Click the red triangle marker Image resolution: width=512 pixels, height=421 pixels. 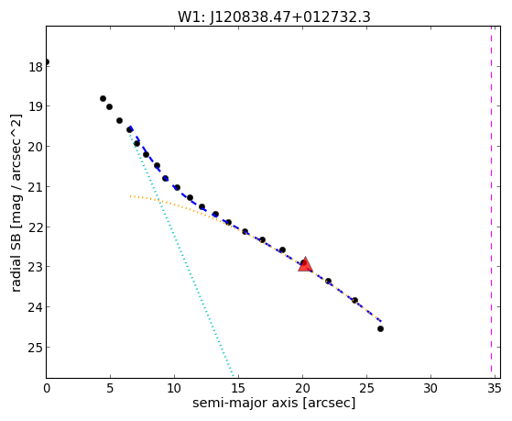[x=305, y=266]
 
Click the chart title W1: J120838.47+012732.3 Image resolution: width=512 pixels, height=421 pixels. [x=274, y=17]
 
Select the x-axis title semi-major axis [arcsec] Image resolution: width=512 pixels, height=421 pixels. [x=274, y=403]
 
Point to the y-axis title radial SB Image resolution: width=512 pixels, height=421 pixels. [x=16, y=252]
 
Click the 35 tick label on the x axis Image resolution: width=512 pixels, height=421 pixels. [x=494, y=388]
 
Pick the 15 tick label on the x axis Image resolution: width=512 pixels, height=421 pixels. [x=238, y=388]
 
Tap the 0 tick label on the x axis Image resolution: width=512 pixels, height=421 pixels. [x=47, y=388]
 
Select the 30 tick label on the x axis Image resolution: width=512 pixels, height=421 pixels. [x=430, y=388]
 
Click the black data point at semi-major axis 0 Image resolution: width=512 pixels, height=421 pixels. [x=47, y=61]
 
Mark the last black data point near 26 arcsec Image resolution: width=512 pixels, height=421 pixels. [x=380, y=328]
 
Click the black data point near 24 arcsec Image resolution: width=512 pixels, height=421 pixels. [x=355, y=300]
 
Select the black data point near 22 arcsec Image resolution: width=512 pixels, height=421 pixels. [x=328, y=281]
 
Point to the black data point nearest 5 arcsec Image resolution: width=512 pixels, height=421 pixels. [x=109, y=107]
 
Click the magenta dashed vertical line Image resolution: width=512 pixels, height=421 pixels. [x=491, y=202]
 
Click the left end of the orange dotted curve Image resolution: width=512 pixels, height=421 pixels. [x=130, y=196]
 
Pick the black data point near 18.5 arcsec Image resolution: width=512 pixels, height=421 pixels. [x=282, y=249]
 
